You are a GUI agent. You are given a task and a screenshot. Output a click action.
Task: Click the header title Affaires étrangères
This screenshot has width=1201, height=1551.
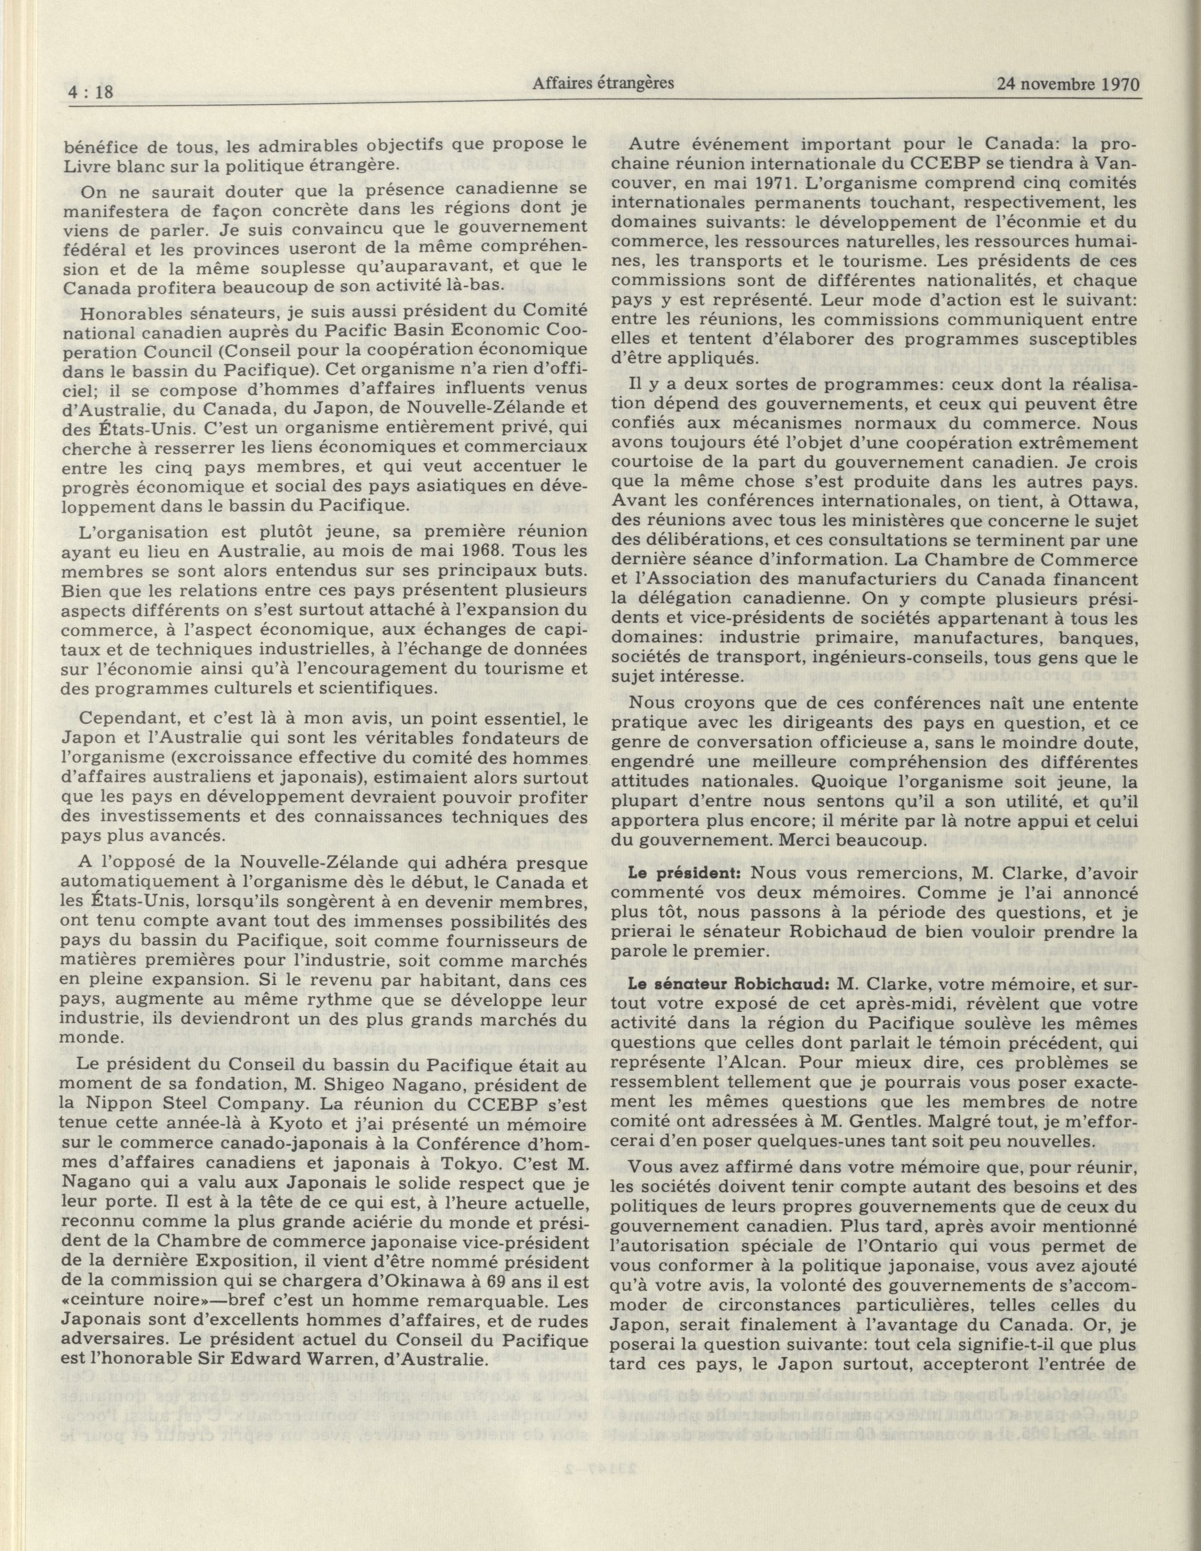[x=602, y=84]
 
